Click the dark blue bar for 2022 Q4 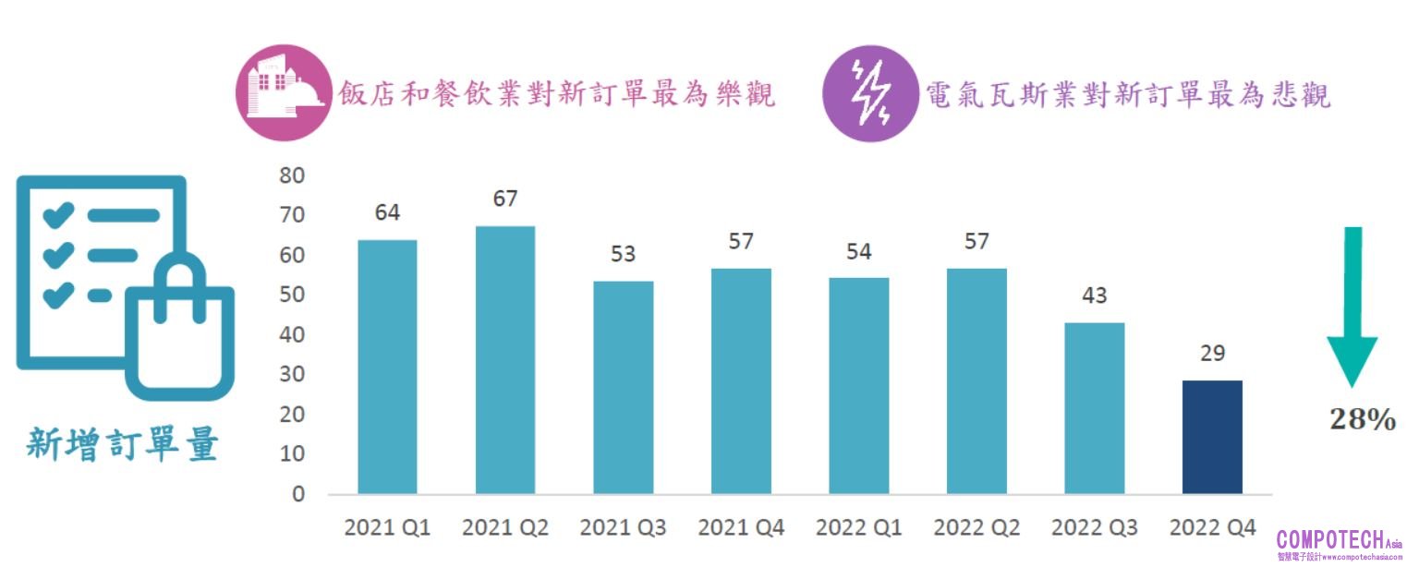point(1212,437)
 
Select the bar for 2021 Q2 point(505,360)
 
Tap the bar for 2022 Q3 point(1095,408)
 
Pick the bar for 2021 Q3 point(624,388)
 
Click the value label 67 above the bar point(505,199)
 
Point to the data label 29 point(1212,353)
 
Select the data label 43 point(1095,296)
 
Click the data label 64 point(387,212)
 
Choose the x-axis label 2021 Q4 point(741,528)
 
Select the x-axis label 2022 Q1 point(859,528)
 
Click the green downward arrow point(1352,305)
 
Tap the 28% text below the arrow point(1363,420)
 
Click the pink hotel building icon point(284,92)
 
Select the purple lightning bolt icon point(869,93)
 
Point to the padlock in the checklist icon point(180,328)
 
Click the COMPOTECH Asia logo point(1339,544)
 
